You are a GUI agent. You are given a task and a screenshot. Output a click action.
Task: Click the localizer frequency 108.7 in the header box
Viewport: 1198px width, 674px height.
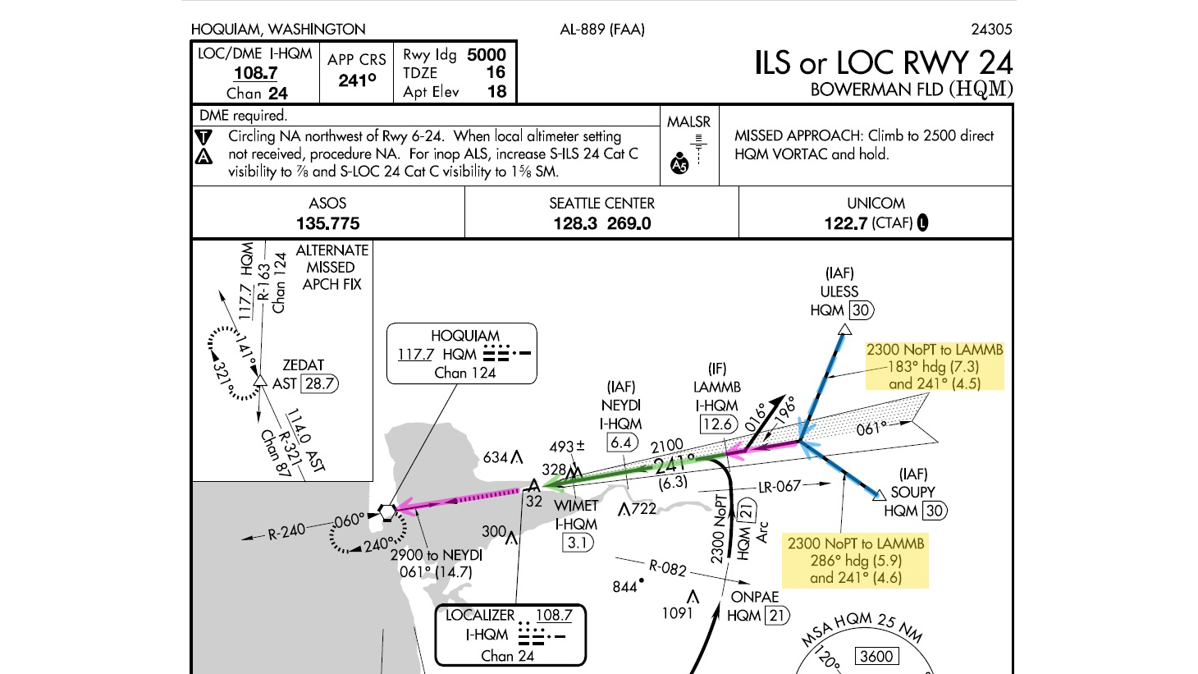coord(255,73)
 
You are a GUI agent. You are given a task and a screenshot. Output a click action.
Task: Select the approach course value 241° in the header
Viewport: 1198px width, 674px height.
coord(357,80)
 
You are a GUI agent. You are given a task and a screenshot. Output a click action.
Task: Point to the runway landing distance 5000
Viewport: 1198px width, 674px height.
coord(486,55)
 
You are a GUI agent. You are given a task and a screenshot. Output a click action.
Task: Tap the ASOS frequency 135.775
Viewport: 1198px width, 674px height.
coord(327,223)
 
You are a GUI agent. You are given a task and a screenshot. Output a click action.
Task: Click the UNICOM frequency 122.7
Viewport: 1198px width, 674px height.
coord(845,223)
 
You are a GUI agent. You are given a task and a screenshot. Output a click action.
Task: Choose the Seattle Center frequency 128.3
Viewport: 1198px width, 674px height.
coord(574,223)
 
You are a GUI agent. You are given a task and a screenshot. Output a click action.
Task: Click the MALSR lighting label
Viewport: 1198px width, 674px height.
coord(688,122)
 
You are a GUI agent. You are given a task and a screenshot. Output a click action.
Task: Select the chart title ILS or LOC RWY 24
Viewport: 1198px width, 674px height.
coord(883,63)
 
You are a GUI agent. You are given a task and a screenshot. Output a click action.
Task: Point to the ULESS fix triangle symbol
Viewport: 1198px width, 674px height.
coord(844,330)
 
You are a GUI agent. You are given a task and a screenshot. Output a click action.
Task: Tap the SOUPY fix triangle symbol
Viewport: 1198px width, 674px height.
coord(879,494)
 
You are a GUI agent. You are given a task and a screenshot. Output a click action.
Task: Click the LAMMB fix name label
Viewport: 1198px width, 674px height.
coord(716,387)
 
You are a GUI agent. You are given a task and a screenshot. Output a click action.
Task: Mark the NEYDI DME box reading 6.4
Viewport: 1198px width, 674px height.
coord(621,442)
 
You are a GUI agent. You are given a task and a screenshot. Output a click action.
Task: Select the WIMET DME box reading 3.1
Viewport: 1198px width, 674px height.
coord(577,543)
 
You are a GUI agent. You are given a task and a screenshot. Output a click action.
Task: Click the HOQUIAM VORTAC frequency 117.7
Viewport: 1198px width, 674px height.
coord(415,355)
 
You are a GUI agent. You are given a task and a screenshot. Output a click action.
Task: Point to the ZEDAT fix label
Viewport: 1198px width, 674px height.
coord(303,365)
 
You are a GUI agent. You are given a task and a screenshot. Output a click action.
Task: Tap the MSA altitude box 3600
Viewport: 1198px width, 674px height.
coord(876,656)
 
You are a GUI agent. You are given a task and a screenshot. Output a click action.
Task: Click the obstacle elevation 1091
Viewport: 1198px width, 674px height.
coord(677,612)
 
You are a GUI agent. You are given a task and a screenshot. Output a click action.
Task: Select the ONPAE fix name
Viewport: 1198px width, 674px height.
coord(754,597)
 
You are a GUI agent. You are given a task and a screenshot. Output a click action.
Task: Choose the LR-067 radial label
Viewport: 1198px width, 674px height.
coord(779,487)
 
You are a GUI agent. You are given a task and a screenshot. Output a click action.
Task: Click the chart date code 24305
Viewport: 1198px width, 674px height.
coord(991,30)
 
